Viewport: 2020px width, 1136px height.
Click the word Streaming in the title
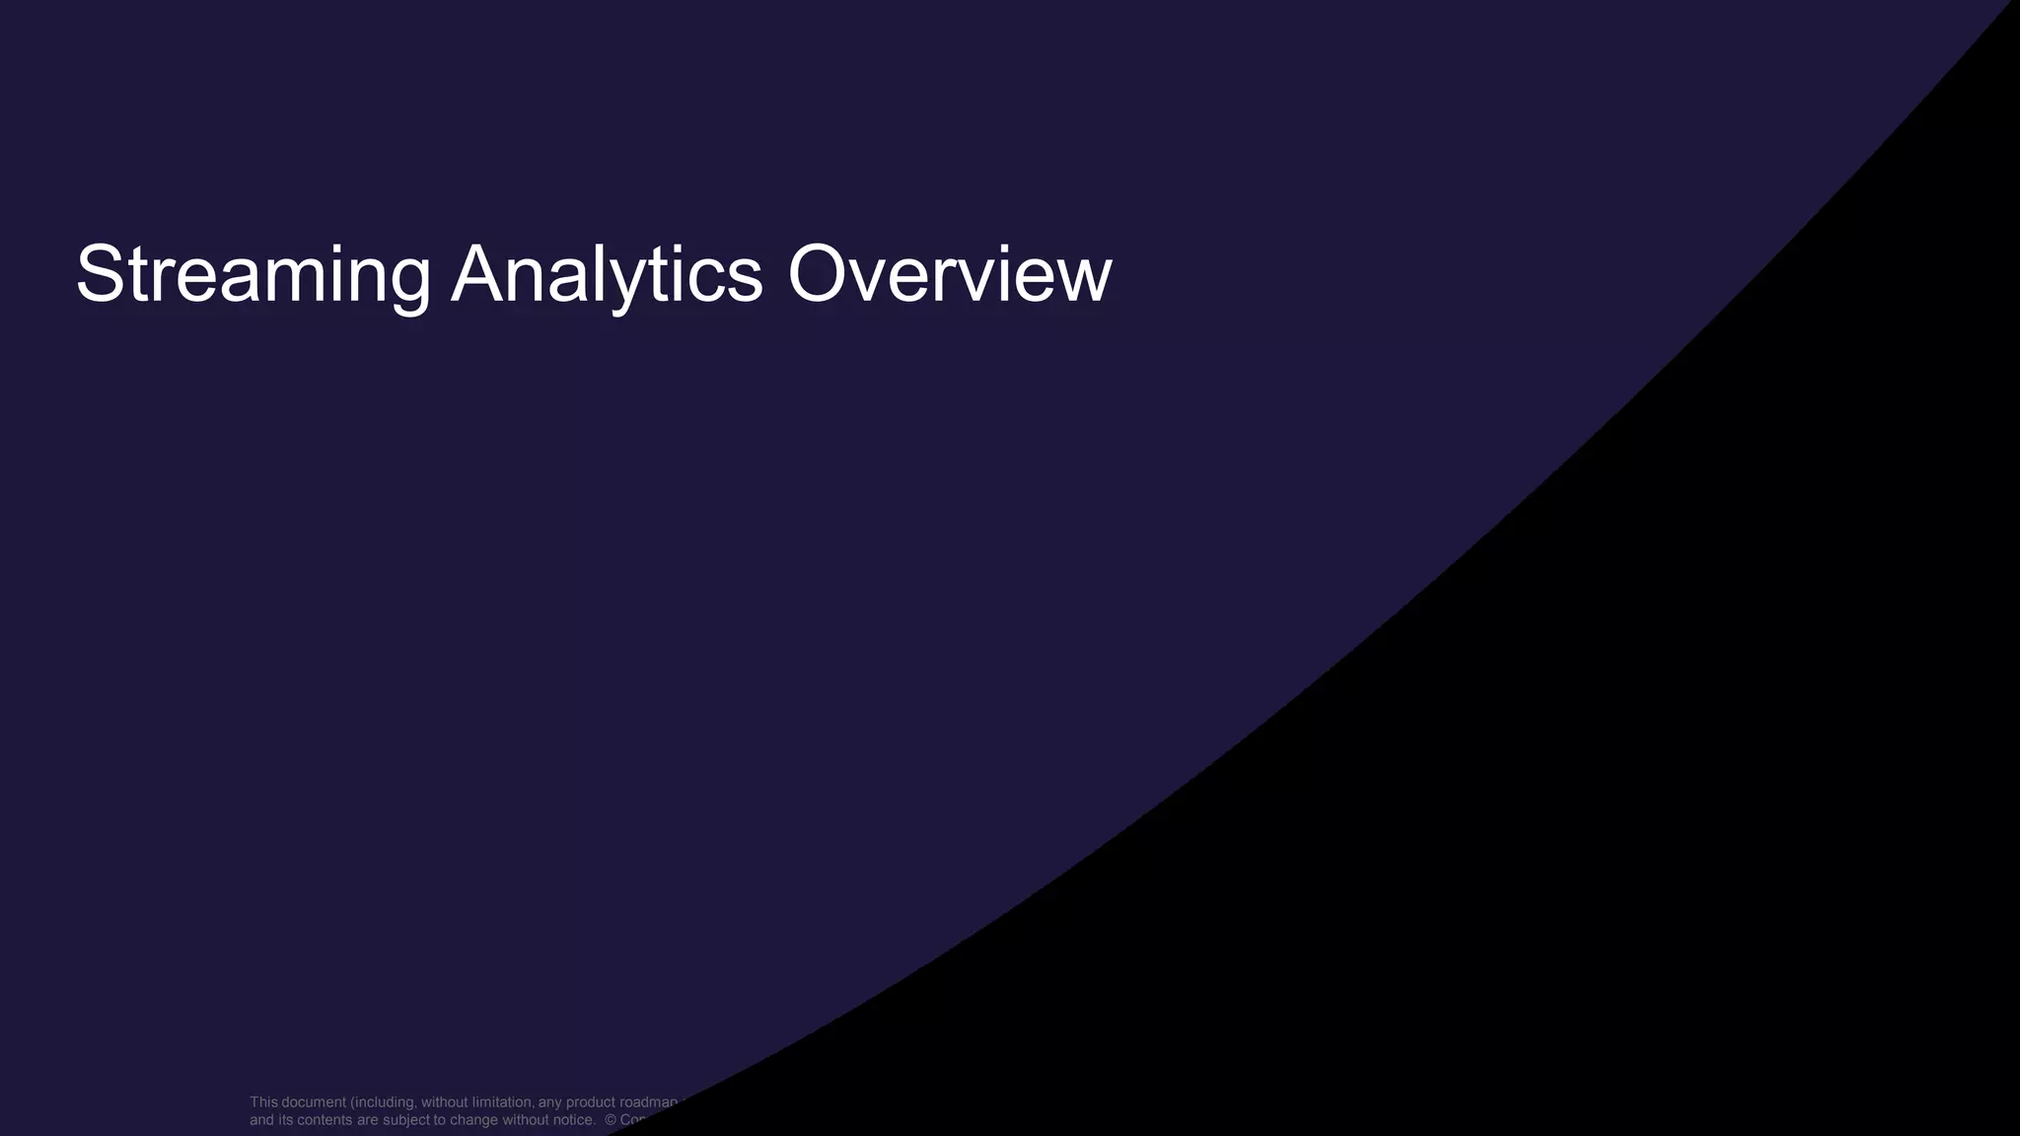coord(252,275)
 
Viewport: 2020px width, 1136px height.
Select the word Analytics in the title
coord(607,275)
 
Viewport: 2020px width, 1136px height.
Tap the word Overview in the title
coord(949,275)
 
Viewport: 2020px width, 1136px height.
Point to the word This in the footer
coord(263,1102)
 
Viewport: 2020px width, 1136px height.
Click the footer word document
coord(314,1102)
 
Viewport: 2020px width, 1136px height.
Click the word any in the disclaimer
coord(549,1102)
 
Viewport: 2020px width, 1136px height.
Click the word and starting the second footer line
coord(261,1120)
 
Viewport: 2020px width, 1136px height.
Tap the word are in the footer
coord(369,1120)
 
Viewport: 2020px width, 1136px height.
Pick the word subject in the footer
coord(406,1120)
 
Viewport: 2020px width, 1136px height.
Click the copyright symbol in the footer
coord(611,1120)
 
